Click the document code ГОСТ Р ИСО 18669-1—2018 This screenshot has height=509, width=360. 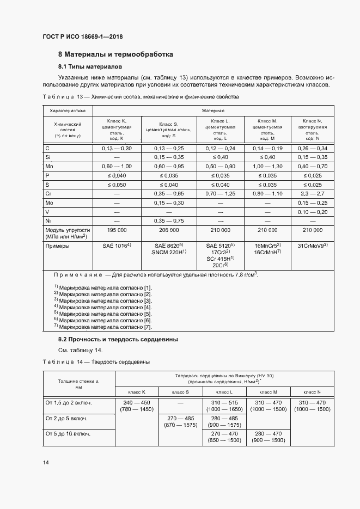83,36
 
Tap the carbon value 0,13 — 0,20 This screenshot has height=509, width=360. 117,148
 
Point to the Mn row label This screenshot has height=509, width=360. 50,165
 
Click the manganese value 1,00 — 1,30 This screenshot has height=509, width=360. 267,165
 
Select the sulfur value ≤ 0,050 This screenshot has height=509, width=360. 117,184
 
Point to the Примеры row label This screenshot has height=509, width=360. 58,246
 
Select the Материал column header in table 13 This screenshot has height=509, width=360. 218,109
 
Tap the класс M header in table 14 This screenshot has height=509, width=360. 268,391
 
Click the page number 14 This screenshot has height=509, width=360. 46,463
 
